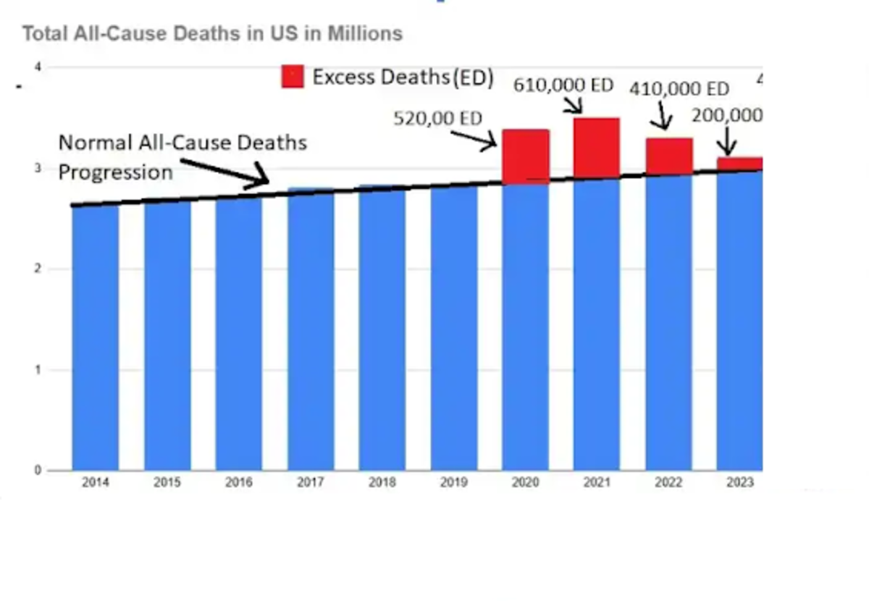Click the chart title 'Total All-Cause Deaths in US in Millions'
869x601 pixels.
tap(212, 34)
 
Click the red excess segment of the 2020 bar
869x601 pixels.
tap(526, 156)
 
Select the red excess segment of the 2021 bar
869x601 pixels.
tap(597, 148)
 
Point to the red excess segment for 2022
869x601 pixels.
tap(669, 156)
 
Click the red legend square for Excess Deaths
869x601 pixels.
tap(293, 77)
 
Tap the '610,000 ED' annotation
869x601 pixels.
tap(563, 85)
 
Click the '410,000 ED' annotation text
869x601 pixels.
tap(679, 89)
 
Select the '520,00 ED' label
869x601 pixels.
tap(437, 118)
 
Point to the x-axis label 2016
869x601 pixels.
tap(239, 482)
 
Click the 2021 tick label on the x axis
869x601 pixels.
tap(597, 482)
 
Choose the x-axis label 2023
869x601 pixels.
tap(740, 482)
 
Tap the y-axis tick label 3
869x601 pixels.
tap(38, 169)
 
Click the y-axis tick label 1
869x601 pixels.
tap(38, 370)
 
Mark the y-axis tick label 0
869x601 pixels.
tap(38, 471)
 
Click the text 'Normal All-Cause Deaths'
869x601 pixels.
tap(182, 143)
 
